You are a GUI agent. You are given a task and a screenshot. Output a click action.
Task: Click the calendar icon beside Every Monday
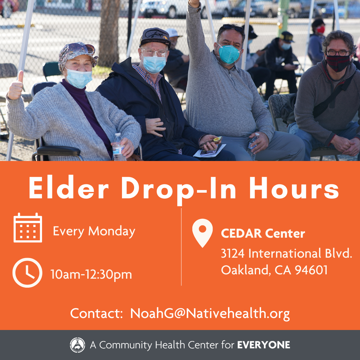click(28, 228)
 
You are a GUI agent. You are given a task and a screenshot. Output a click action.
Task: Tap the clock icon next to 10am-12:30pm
click(27, 273)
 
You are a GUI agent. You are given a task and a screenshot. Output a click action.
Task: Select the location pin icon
click(202, 233)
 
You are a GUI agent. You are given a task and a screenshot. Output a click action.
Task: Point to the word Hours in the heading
click(294, 188)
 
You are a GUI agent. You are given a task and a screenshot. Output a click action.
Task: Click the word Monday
click(112, 231)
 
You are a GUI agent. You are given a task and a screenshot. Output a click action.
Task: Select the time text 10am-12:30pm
click(91, 274)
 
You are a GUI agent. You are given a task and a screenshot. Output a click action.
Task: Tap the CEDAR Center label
click(263, 233)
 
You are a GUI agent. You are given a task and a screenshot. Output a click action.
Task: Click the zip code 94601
click(311, 270)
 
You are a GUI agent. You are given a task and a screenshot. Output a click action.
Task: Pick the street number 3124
click(233, 253)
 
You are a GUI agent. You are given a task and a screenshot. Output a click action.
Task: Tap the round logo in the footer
click(78, 345)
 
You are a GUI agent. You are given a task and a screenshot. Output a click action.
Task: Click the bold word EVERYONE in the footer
click(264, 345)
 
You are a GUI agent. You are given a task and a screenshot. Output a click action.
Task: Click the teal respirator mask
click(229, 54)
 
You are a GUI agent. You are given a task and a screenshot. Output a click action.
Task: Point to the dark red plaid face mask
click(338, 63)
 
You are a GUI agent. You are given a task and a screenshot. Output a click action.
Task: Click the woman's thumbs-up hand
click(15, 86)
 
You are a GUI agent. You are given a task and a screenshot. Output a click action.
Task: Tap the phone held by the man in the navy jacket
click(211, 141)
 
